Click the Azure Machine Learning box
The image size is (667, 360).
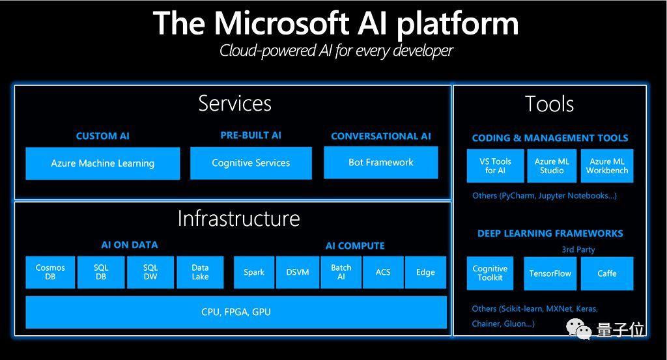coord(103,163)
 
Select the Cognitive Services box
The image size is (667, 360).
coord(251,163)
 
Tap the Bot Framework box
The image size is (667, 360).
coord(381,162)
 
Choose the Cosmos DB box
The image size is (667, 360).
coord(50,272)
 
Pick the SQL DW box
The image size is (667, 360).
coord(150,272)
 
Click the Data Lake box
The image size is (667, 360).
coord(200,272)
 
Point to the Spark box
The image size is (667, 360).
coord(254,272)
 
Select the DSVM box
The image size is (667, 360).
coord(298,272)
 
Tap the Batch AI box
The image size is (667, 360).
coord(341,272)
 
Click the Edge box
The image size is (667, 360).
coord(425,272)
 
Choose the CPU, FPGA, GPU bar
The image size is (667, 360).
coord(236,312)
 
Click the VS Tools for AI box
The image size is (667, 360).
coord(495,166)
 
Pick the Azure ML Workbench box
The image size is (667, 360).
coord(606,166)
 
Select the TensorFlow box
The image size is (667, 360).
coord(550,273)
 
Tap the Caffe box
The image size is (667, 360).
coord(606,273)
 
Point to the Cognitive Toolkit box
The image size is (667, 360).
coord(490,273)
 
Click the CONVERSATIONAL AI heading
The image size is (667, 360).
coord(381,136)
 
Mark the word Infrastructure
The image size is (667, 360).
coord(238,218)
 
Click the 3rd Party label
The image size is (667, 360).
coord(578,249)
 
